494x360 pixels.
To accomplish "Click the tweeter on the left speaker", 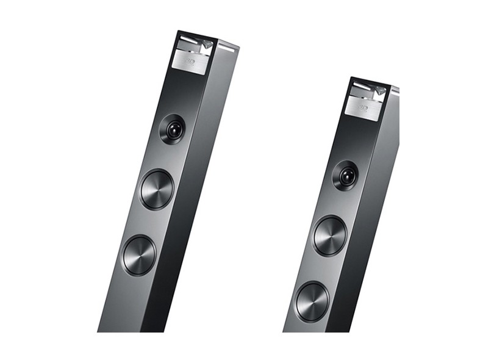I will pyautogui.click(x=172, y=129).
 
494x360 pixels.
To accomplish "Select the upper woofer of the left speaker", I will pyautogui.click(x=157, y=190).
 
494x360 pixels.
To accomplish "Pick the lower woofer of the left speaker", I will pyautogui.click(x=139, y=255).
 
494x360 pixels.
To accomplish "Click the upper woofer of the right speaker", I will pyautogui.click(x=330, y=236).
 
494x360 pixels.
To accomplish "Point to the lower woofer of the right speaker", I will pyautogui.click(x=312, y=301).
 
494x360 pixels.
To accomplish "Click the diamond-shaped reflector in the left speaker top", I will pyautogui.click(x=208, y=44).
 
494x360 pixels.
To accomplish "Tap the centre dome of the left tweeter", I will pyautogui.click(x=173, y=129).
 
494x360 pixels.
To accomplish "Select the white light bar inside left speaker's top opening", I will pyautogui.click(x=189, y=41).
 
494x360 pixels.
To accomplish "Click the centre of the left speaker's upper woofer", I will pyautogui.click(x=157, y=190).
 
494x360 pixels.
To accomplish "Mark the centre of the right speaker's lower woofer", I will pyautogui.click(x=312, y=301).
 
